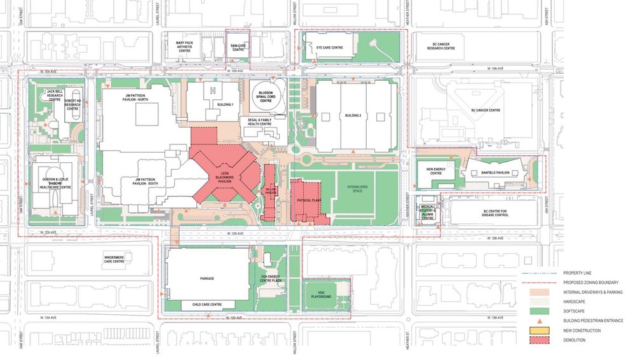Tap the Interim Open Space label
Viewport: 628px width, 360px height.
pos(357,188)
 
